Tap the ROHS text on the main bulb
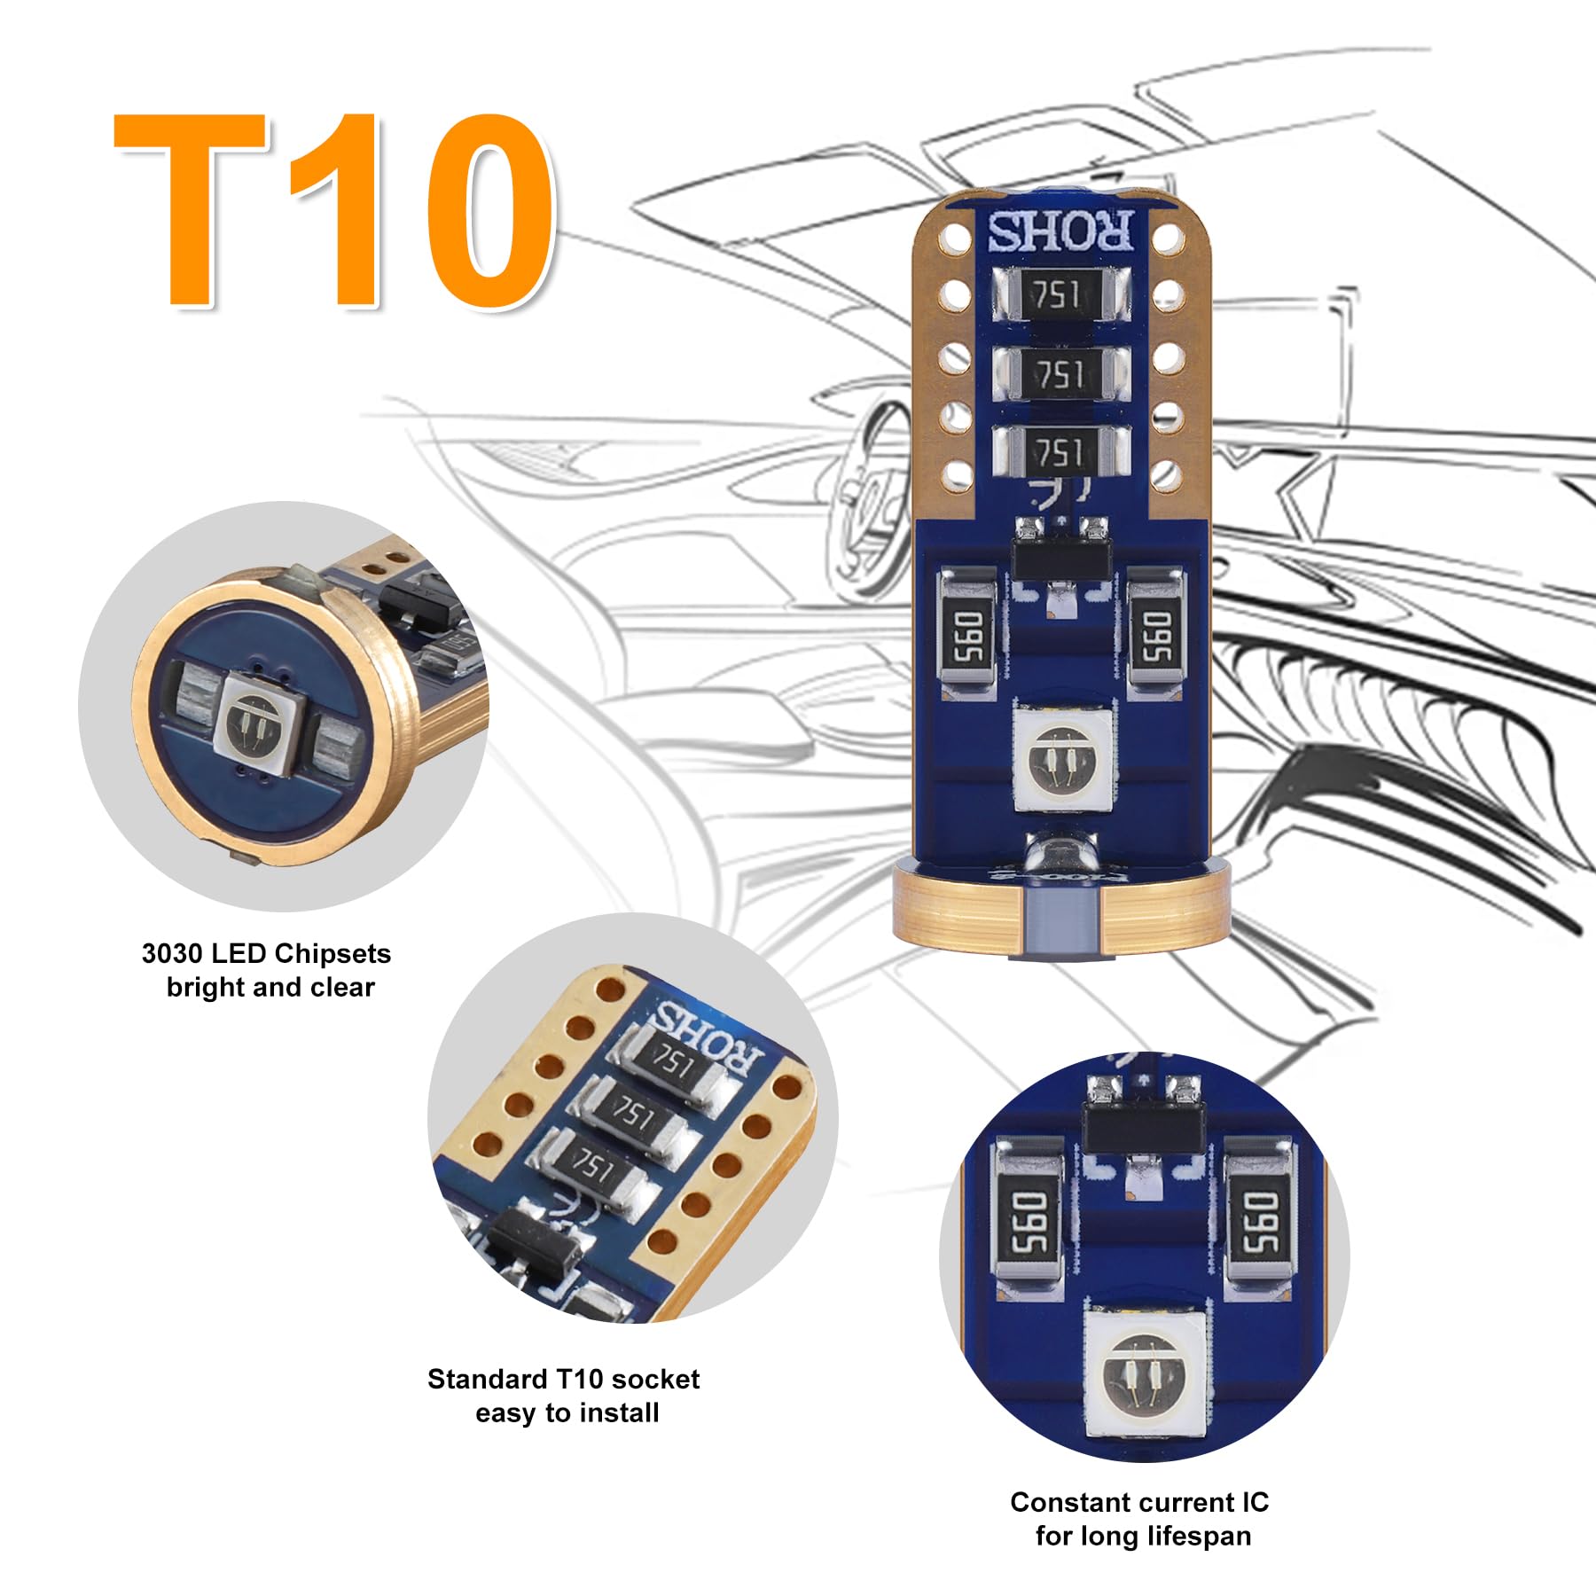pos(1060,232)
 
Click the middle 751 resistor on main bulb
pos(1060,374)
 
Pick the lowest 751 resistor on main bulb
pos(1060,453)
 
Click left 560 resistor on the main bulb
pos(970,637)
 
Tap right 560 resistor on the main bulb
pos(1155,637)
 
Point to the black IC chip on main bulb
pos(1060,559)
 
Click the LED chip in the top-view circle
pos(261,718)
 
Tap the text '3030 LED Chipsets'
pos(266,954)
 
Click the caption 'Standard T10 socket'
pos(563,1380)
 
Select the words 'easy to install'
pos(567,1413)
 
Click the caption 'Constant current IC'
pos(1139,1503)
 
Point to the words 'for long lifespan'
pos(1143,1536)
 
